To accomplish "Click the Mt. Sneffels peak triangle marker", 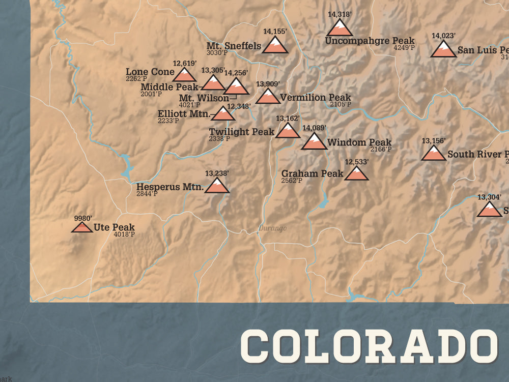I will coord(275,45).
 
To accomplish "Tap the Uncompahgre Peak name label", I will coord(370,41).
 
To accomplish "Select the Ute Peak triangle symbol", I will coord(82,226).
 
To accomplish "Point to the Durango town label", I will coord(272,228).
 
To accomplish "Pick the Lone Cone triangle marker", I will coord(184,75).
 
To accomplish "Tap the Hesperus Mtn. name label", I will coord(170,187).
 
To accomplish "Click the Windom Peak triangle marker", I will coord(314,142).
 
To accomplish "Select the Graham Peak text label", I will coord(312,173).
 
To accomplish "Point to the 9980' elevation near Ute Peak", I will coord(83,218).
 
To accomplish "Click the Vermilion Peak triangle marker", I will coord(268,96).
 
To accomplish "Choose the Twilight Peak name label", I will coord(241,132).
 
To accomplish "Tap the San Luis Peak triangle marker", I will coord(443,50).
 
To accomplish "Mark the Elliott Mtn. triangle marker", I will coord(223,114).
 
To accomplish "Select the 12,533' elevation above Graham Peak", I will coord(356,162).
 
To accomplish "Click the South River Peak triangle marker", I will coord(434,153).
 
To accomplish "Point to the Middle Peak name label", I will coord(169,87).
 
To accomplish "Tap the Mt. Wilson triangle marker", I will coord(237,87).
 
